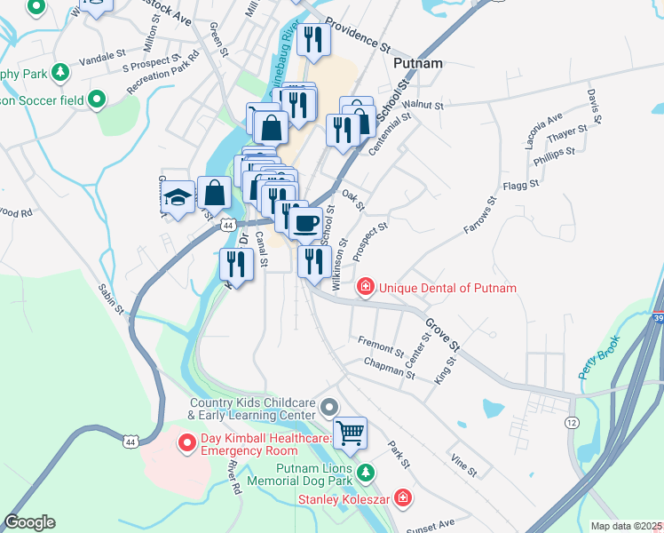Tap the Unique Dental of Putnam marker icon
coord(365,287)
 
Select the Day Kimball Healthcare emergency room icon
coord(187,442)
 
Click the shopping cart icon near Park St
coord(351,433)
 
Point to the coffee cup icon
coord(306,222)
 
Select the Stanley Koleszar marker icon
coord(403,498)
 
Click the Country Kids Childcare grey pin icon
coord(329,408)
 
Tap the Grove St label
coord(441,335)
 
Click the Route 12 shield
coord(571,422)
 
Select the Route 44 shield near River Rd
coord(131,442)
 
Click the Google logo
coord(29,522)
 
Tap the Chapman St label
coord(390,369)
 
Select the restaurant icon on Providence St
coord(313,38)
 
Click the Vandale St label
coord(99,54)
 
